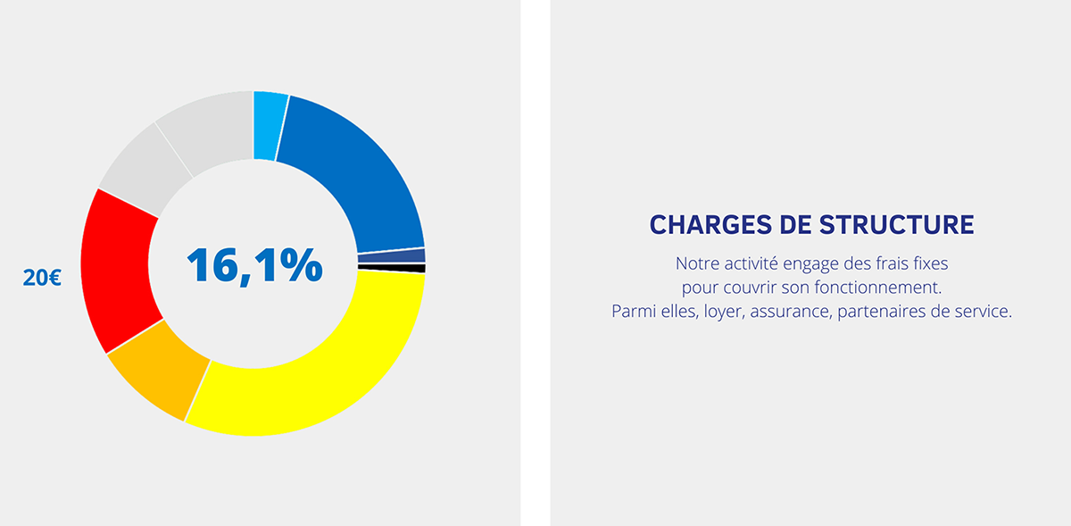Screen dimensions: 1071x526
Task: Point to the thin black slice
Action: [392, 268]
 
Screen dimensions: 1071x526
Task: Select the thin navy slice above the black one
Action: [392, 256]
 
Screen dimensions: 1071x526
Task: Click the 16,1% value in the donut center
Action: [254, 265]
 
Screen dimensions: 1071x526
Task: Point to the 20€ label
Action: [42, 278]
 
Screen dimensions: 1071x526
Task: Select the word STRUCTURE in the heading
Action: [896, 225]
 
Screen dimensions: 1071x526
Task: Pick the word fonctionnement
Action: [878, 288]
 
